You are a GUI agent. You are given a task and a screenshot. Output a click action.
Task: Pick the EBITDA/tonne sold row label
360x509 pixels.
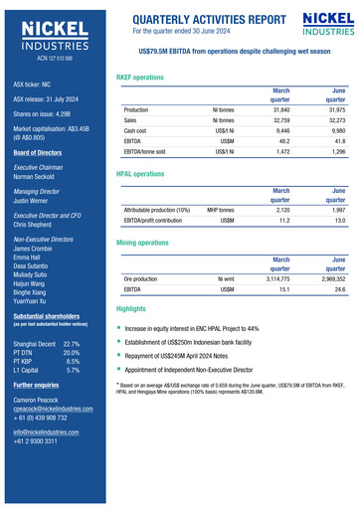point(144,151)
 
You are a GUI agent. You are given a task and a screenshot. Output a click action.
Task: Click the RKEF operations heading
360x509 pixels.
point(140,77)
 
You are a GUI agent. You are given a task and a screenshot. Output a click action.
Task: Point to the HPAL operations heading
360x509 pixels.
point(140,174)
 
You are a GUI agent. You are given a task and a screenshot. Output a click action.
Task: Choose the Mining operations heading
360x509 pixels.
point(142,243)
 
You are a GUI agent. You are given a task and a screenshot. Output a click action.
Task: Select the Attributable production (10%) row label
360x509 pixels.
point(156,211)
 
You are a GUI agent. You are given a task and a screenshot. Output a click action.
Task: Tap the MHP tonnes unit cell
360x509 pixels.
point(220,211)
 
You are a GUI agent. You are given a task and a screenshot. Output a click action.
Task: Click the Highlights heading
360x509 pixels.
point(131,310)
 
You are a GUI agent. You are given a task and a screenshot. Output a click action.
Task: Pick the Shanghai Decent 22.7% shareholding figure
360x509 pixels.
point(72,343)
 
